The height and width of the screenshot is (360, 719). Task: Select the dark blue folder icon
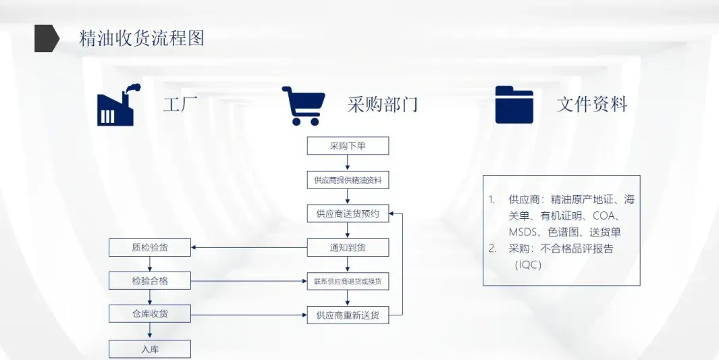point(514,105)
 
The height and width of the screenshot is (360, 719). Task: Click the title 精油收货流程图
point(141,38)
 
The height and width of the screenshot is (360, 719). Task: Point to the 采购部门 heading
point(382,105)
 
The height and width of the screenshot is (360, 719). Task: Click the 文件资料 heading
point(592,105)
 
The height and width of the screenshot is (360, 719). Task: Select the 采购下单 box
point(348,146)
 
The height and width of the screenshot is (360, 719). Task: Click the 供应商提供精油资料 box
point(348,180)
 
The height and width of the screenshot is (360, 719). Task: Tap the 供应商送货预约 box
point(348,214)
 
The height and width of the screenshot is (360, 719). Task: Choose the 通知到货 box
point(348,247)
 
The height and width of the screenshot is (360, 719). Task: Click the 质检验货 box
point(150,247)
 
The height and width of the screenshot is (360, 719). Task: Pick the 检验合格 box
point(150,281)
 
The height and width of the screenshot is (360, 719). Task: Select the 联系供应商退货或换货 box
point(348,281)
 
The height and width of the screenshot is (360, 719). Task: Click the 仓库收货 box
point(150,314)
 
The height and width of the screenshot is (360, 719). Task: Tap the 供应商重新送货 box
point(348,315)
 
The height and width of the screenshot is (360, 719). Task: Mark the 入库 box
point(150,349)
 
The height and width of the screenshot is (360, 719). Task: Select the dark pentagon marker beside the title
point(47,38)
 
